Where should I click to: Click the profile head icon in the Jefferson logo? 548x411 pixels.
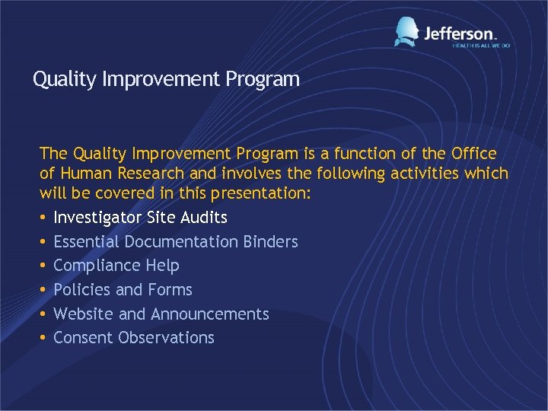[x=406, y=32]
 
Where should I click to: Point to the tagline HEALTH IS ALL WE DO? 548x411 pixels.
[x=481, y=46]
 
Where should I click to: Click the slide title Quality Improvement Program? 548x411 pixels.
[x=166, y=79]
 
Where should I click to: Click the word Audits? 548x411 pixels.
[x=204, y=218]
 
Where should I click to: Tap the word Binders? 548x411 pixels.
[x=271, y=242]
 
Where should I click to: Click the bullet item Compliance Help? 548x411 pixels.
[x=116, y=266]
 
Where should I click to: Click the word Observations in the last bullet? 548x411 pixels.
[x=167, y=338]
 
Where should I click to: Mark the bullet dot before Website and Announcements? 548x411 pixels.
[x=43, y=314]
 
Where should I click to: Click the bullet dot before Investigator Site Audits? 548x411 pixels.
[x=43, y=218]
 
